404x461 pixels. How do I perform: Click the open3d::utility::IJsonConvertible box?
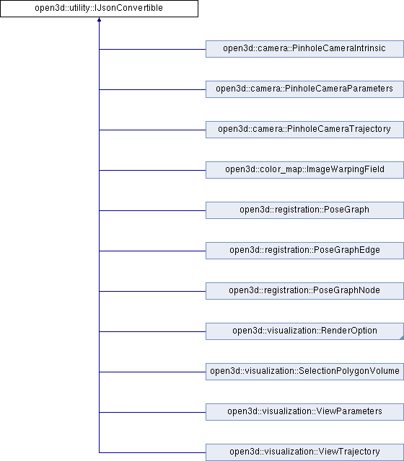pyautogui.click(x=99, y=9)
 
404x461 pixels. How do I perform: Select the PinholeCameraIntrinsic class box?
pyautogui.click(x=304, y=49)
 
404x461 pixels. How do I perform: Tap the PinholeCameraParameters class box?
pyautogui.click(x=304, y=89)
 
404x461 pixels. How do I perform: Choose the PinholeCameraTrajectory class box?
pyautogui.click(x=304, y=130)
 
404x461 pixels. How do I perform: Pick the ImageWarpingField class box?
pyautogui.click(x=304, y=170)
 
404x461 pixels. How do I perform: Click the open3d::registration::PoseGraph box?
pyautogui.click(x=304, y=210)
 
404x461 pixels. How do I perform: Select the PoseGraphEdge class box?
pyautogui.click(x=304, y=251)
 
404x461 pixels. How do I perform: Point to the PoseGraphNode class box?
pyautogui.click(x=304, y=291)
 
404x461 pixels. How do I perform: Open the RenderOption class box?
pyautogui.click(x=304, y=331)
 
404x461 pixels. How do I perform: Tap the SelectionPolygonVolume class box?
pyautogui.click(x=304, y=372)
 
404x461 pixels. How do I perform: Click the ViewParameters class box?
pyautogui.click(x=304, y=412)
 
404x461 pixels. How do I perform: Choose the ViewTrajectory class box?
pyautogui.click(x=304, y=452)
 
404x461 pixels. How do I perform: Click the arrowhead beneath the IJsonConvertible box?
pyautogui.click(x=100, y=19)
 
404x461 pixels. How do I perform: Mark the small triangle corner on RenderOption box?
pyautogui.click(x=403, y=338)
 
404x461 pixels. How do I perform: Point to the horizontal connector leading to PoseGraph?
pyautogui.click(x=152, y=210)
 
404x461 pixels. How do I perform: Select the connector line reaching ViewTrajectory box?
pyautogui.click(x=152, y=452)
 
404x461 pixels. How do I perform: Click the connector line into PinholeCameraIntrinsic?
pyautogui.click(x=152, y=49)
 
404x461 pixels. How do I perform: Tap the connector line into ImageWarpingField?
pyautogui.click(x=152, y=170)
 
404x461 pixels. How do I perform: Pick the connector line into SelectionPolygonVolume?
pyautogui.click(x=152, y=372)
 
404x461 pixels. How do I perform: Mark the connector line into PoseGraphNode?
pyautogui.click(x=152, y=291)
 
